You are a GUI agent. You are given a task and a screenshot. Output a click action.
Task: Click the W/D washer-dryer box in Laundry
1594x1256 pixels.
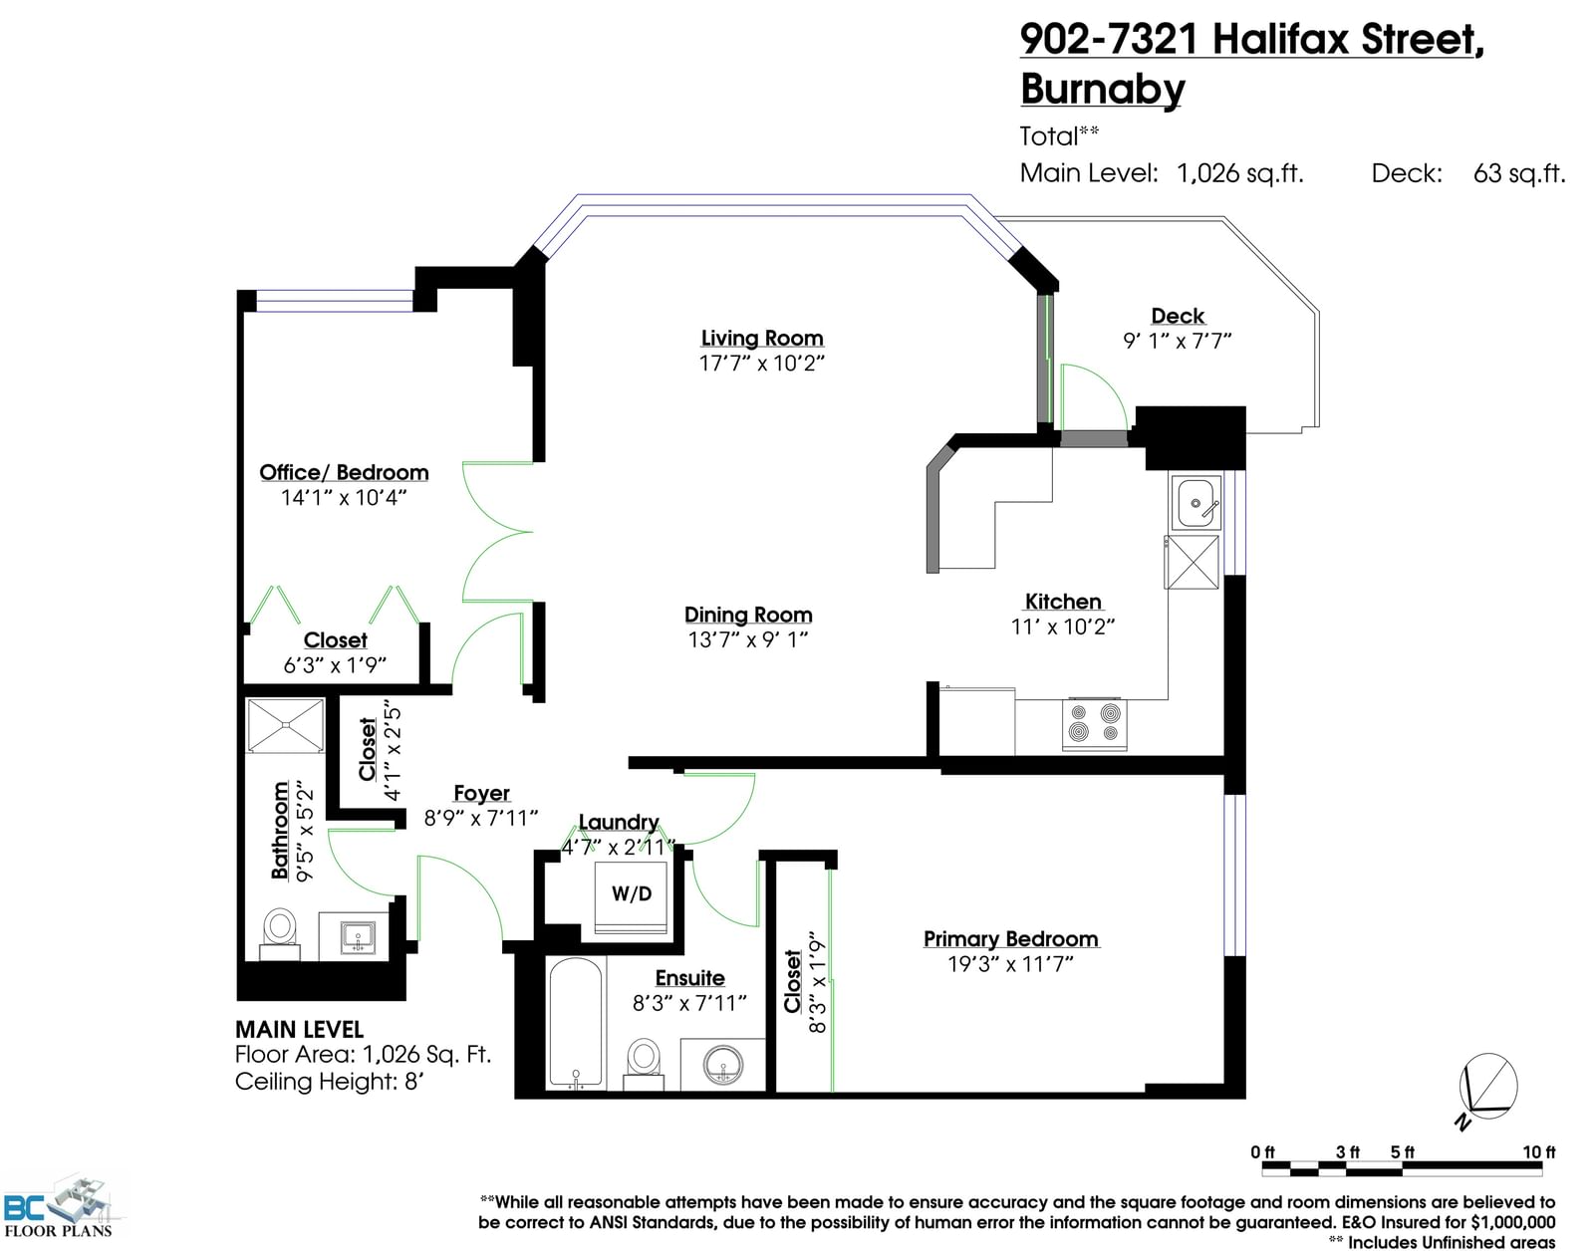tap(632, 898)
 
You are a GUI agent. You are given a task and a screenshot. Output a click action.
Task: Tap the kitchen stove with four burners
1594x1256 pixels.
tap(1094, 723)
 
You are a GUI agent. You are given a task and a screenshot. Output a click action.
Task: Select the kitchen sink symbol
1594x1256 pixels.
tap(1195, 503)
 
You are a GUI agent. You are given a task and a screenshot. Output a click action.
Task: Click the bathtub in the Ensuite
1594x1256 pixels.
tap(576, 1024)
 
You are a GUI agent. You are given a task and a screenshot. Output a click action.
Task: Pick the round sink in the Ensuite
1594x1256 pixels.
tap(723, 1064)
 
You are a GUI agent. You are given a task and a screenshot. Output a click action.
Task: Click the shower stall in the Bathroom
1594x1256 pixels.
tap(285, 726)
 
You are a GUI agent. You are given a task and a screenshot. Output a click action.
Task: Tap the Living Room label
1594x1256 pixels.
tap(762, 338)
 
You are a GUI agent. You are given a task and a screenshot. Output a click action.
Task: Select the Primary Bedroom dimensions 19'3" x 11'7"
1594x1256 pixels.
tap(1010, 964)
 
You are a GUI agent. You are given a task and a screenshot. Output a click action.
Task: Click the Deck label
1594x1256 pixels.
tap(1178, 316)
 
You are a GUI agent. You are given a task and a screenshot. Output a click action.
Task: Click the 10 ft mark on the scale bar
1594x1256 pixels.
tap(1539, 1151)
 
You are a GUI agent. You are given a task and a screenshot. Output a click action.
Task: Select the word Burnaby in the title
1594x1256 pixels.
tap(1103, 90)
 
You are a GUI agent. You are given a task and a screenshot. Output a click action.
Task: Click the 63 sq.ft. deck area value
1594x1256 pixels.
tap(1519, 173)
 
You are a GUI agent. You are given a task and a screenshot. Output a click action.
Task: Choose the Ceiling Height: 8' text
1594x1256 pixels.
tap(330, 1082)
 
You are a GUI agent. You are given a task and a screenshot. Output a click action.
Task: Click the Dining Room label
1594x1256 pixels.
tap(748, 615)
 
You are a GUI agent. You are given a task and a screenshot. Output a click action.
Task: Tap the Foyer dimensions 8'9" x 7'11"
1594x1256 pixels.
tap(481, 819)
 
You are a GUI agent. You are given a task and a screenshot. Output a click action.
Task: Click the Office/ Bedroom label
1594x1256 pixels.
tap(344, 472)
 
